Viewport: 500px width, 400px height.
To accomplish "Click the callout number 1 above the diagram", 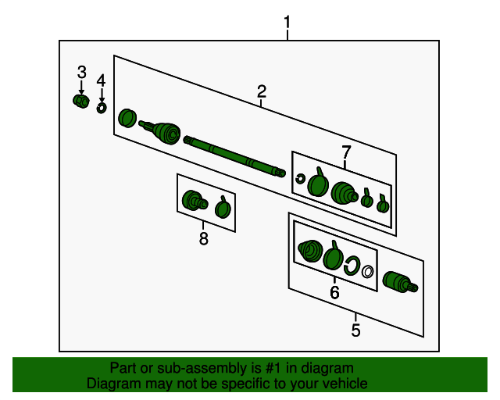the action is click(x=287, y=23).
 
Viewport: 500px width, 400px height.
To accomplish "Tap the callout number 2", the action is click(x=262, y=91).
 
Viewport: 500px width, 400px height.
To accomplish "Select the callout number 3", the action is click(x=81, y=72).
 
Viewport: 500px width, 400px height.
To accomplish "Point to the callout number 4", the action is click(x=101, y=80).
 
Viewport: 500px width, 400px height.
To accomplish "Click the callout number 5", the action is click(x=355, y=330).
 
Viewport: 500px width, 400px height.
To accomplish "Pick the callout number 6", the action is click(x=334, y=292).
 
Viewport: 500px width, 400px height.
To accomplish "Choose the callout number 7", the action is click(x=346, y=152).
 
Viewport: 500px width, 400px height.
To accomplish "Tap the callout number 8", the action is click(x=203, y=238).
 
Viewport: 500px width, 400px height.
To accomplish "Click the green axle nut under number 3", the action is click(x=80, y=101).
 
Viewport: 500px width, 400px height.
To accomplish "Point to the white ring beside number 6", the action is click(x=367, y=272).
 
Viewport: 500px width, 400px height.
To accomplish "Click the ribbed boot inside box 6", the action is click(x=310, y=251).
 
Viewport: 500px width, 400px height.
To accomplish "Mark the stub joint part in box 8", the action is click(x=195, y=201).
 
